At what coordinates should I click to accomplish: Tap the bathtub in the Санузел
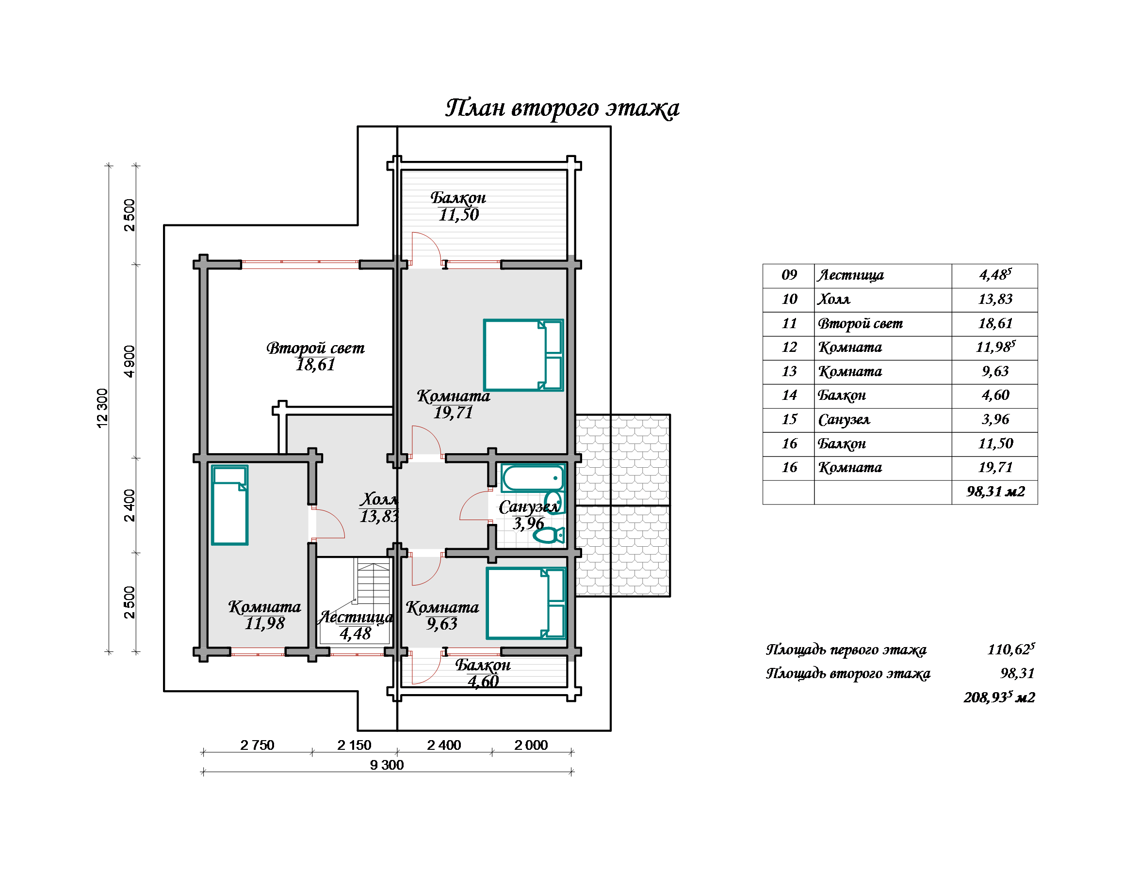click(533, 478)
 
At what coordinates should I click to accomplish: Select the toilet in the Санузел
click(549, 535)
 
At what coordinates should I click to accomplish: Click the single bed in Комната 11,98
click(230, 505)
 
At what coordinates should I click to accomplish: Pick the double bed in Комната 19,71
click(523, 355)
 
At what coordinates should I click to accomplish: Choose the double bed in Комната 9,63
click(526, 603)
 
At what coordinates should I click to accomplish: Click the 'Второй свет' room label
click(315, 348)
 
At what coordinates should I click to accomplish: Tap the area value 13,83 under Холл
click(379, 516)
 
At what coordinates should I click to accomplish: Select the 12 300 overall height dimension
click(102, 409)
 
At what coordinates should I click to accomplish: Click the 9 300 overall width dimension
click(387, 765)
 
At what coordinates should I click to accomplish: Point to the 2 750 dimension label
click(257, 745)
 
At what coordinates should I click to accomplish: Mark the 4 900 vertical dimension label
click(130, 361)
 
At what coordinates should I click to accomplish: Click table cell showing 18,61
click(995, 323)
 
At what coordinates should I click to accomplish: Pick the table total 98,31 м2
click(995, 491)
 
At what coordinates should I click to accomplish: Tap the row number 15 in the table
click(789, 419)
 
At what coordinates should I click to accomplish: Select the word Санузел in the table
click(844, 420)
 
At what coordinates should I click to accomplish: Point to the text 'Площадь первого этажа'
click(846, 650)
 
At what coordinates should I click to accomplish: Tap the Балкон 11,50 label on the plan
click(458, 206)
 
